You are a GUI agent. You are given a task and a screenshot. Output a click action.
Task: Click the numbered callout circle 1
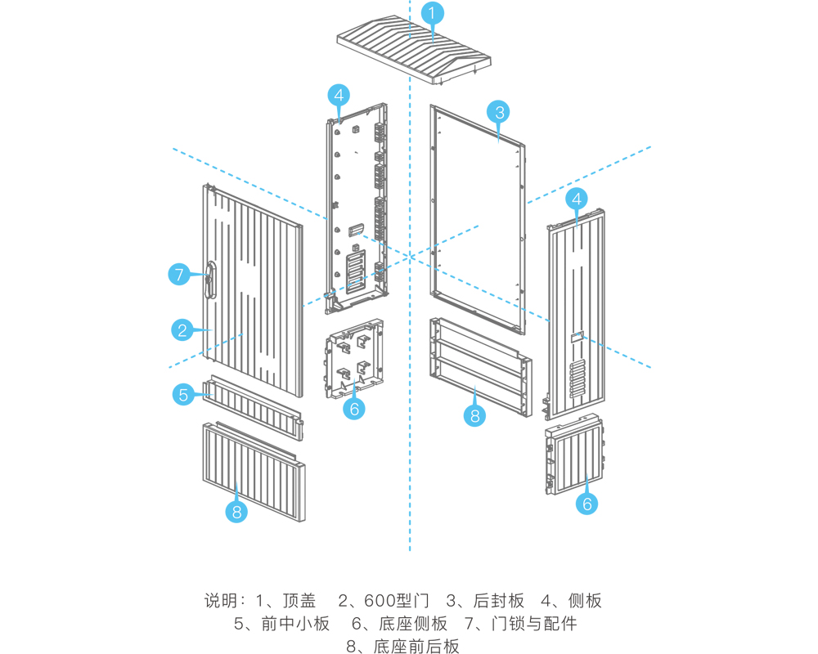(433, 13)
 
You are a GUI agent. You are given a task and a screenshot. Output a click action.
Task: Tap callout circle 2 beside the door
(182, 330)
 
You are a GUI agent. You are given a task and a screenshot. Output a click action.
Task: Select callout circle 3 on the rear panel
(499, 111)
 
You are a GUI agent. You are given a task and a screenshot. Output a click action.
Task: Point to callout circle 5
(182, 395)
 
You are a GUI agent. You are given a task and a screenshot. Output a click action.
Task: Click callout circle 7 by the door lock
(180, 275)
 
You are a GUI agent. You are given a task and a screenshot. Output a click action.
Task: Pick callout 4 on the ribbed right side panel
(578, 199)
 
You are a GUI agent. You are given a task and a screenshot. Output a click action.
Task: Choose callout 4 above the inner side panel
(339, 95)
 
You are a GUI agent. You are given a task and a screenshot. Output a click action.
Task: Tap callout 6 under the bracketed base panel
(354, 408)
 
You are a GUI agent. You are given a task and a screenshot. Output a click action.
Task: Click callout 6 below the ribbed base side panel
(587, 504)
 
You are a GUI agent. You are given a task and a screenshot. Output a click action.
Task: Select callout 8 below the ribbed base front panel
(236, 512)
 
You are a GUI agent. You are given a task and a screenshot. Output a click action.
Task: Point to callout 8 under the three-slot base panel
(474, 415)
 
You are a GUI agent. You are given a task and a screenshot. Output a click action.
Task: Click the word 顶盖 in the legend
(299, 601)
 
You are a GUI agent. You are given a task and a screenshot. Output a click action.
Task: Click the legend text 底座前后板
(416, 647)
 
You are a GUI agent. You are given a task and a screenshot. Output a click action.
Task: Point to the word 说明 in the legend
(220, 601)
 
